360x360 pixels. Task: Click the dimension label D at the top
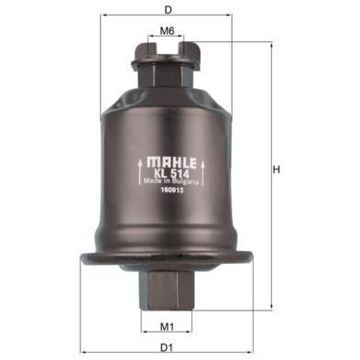click(x=168, y=10)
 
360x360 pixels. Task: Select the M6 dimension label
click(x=167, y=31)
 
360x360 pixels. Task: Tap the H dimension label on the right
click(x=277, y=169)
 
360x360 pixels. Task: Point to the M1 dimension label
click(x=167, y=327)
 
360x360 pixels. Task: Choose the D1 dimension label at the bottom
click(x=167, y=347)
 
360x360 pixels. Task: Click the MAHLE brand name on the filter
click(x=171, y=162)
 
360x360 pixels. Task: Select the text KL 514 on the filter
click(x=171, y=174)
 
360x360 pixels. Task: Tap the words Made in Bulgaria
click(x=171, y=181)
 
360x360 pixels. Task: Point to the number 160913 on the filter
click(x=171, y=189)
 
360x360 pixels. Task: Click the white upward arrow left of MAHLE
click(x=140, y=171)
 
